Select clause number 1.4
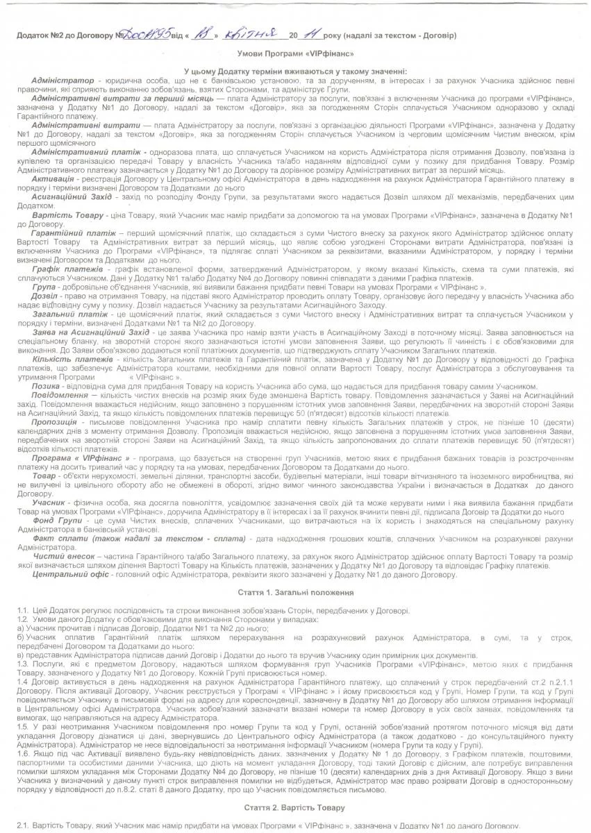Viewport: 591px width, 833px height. (x=23, y=682)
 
